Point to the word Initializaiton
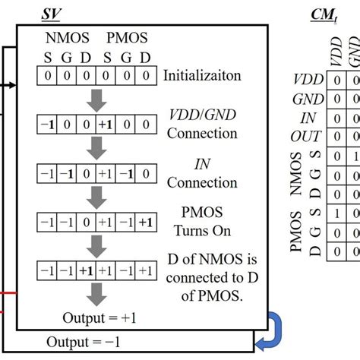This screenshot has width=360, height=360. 201,76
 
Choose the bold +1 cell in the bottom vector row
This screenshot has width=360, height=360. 87,270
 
